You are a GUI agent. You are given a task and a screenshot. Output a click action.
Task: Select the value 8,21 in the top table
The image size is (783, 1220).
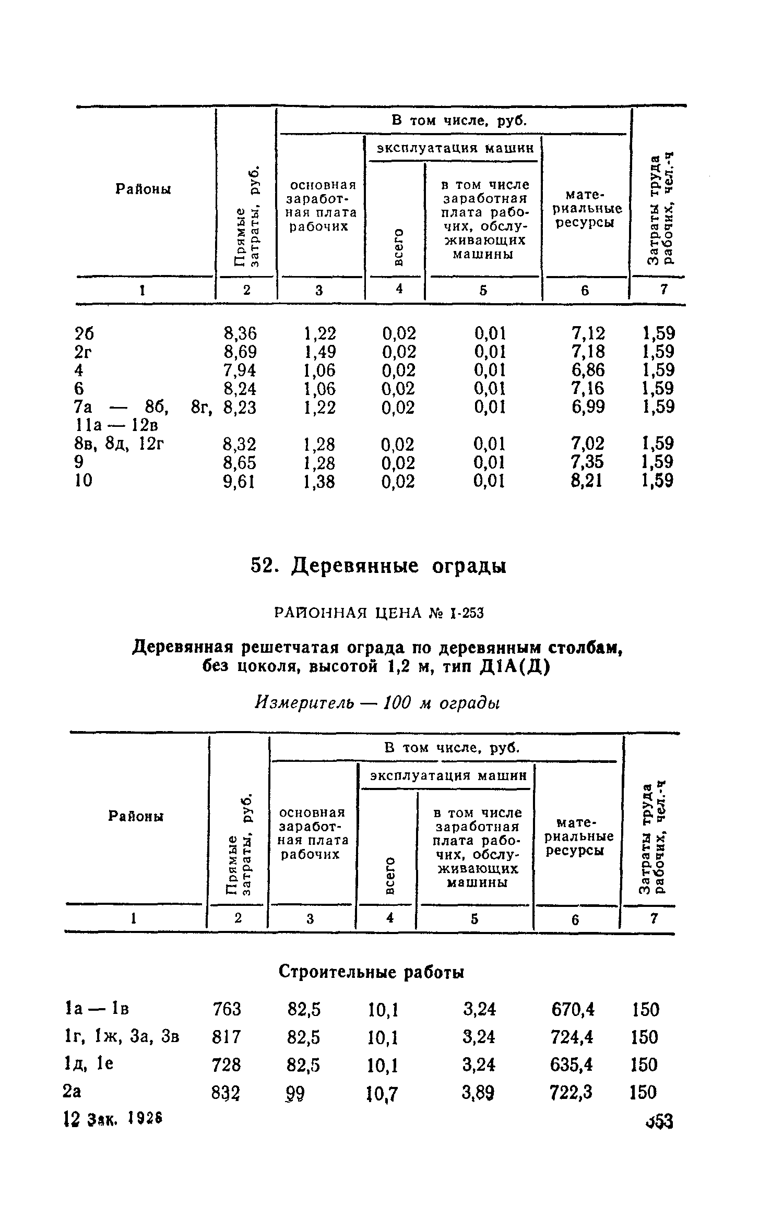(x=587, y=481)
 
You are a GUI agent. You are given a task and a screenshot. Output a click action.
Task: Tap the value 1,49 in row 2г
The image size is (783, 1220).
(x=319, y=352)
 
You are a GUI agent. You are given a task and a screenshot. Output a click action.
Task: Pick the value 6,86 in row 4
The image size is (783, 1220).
(x=588, y=370)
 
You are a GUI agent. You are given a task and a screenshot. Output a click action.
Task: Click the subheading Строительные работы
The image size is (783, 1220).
(x=371, y=972)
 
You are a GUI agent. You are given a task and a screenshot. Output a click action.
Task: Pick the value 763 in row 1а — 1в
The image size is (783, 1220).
(x=227, y=1009)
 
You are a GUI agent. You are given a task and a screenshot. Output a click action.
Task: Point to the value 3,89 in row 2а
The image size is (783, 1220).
(x=478, y=1092)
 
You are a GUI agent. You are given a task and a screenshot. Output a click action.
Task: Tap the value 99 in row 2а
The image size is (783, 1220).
(x=295, y=1092)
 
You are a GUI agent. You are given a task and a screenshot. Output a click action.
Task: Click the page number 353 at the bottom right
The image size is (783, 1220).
(x=659, y=1120)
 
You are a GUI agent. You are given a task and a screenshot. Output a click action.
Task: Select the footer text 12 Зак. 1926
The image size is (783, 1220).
(x=112, y=1118)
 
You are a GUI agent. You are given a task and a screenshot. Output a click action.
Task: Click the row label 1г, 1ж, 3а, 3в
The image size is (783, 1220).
(x=121, y=1037)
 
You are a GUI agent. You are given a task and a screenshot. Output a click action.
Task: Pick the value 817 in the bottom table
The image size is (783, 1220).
(x=226, y=1037)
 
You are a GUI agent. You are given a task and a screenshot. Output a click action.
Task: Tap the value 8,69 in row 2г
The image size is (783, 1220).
(x=240, y=352)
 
